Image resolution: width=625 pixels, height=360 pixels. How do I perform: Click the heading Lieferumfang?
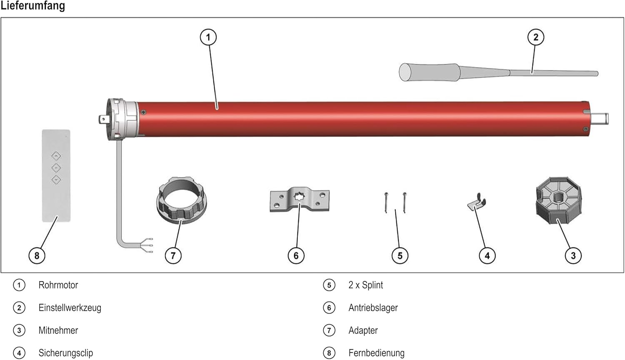point(32,6)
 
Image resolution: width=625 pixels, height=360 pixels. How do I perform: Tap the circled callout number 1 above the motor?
point(208,37)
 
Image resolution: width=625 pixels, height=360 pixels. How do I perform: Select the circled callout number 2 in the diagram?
point(536,37)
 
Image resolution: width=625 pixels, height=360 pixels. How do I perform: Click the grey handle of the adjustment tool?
point(429,72)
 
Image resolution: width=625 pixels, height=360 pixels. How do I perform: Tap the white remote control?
point(56,175)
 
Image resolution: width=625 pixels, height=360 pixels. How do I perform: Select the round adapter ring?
point(181,200)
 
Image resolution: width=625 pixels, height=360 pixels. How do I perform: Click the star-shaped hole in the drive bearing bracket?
point(300,197)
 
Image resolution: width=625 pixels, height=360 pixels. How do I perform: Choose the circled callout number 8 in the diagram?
point(37,255)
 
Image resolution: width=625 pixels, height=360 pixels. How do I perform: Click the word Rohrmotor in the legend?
point(58,285)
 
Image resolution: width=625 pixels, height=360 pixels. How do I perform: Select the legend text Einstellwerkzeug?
point(70,308)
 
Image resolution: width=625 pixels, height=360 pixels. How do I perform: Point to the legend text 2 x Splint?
point(365,285)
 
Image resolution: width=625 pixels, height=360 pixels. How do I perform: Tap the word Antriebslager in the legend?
point(373,308)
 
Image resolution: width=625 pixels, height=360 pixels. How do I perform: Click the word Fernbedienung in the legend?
point(376,353)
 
